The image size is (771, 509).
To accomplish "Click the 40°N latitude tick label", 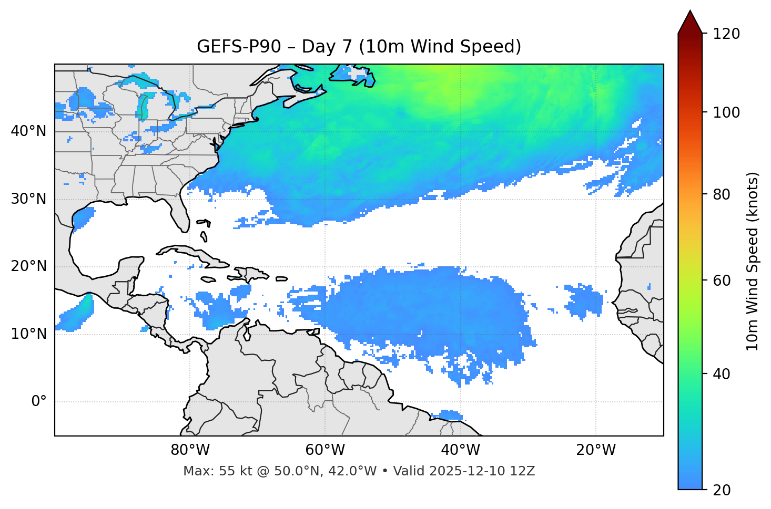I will point(28,131).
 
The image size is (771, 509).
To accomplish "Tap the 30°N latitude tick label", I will point(28,199).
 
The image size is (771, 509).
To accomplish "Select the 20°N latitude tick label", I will point(28,266).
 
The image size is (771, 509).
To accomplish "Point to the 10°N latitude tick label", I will point(28,334).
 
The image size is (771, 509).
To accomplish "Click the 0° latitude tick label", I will point(39,402).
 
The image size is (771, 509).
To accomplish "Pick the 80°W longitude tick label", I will point(190,450).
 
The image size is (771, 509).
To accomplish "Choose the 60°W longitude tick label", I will point(325,450).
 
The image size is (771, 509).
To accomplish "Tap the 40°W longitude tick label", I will point(461,450).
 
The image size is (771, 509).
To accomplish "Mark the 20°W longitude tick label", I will point(596,450).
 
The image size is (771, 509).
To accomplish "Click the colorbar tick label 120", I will point(726,34).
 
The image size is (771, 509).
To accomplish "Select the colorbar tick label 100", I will point(726,112).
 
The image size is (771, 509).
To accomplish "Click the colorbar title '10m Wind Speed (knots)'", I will point(753,261).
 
